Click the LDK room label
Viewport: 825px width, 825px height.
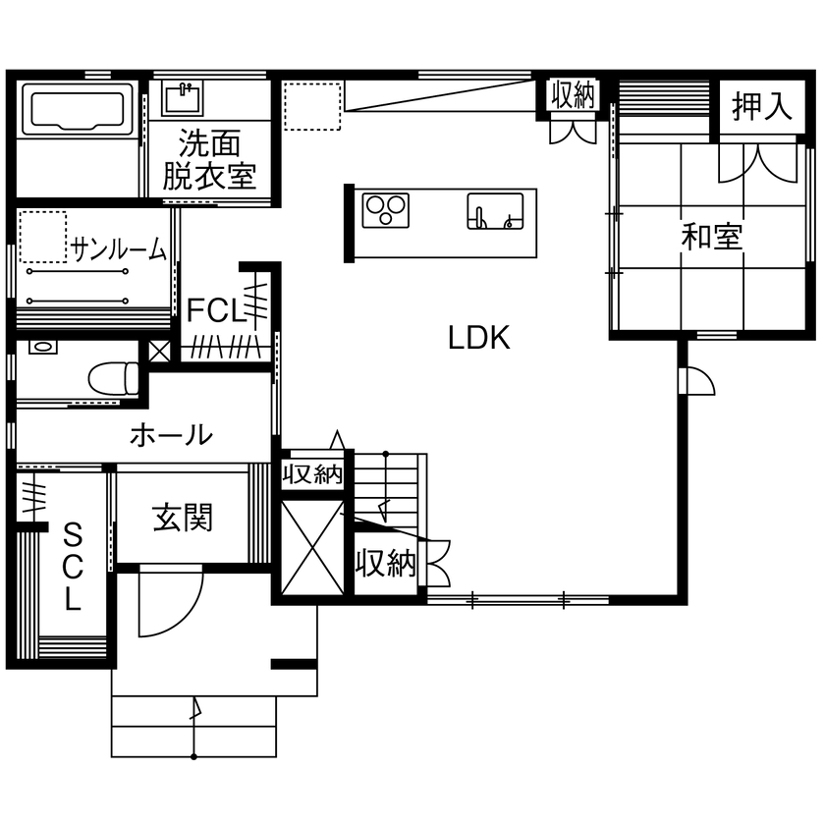coord(478,339)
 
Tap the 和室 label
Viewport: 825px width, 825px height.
coord(713,237)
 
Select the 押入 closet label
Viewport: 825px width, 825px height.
coord(762,107)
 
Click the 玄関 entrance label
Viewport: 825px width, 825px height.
coord(183,517)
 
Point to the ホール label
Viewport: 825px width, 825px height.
coord(170,433)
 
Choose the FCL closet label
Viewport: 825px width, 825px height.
coord(215,310)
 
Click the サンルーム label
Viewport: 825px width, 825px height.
coord(119,249)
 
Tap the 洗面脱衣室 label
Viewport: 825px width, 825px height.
coord(209,160)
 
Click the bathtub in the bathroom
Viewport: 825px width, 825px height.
coord(78,110)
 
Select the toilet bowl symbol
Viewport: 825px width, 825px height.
coord(112,377)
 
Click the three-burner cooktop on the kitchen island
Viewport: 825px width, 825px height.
coord(386,211)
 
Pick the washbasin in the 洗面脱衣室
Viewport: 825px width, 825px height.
coord(184,97)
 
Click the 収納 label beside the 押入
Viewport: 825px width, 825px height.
coord(573,95)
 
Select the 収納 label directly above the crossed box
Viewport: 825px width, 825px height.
coord(312,475)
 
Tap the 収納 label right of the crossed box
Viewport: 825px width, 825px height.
coord(386,564)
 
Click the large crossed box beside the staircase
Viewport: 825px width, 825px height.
coord(312,547)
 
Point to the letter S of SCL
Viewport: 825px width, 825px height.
coord(73,535)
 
